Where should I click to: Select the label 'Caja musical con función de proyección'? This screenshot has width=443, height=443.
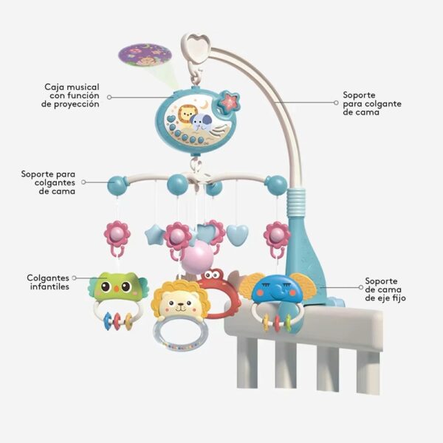point(71,96)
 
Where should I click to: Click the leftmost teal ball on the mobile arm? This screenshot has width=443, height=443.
point(118,185)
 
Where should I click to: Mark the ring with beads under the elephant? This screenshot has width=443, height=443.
point(273,320)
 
